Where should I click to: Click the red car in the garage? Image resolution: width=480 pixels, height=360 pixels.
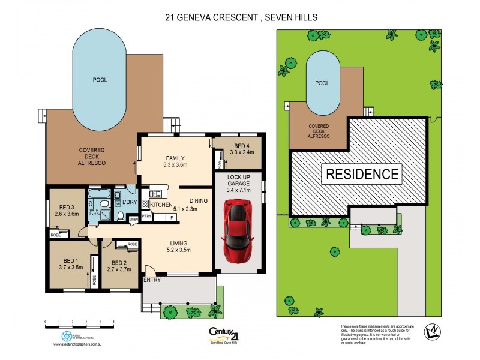point(238,230)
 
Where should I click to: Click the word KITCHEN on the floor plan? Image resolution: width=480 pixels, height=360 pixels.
point(161,205)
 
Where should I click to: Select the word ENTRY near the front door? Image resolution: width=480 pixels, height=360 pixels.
point(152,280)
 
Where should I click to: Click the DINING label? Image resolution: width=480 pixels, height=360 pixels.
point(199,202)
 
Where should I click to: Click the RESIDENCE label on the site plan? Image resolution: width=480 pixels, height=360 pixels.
point(362,175)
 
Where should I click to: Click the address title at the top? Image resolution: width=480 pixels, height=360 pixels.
point(241,18)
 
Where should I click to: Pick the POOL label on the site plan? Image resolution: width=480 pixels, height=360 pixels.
point(322,84)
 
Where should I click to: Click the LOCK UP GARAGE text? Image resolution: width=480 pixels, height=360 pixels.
point(238,181)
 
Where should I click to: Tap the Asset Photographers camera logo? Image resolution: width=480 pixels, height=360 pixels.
point(67,337)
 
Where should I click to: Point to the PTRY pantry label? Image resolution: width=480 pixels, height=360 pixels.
point(146,217)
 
